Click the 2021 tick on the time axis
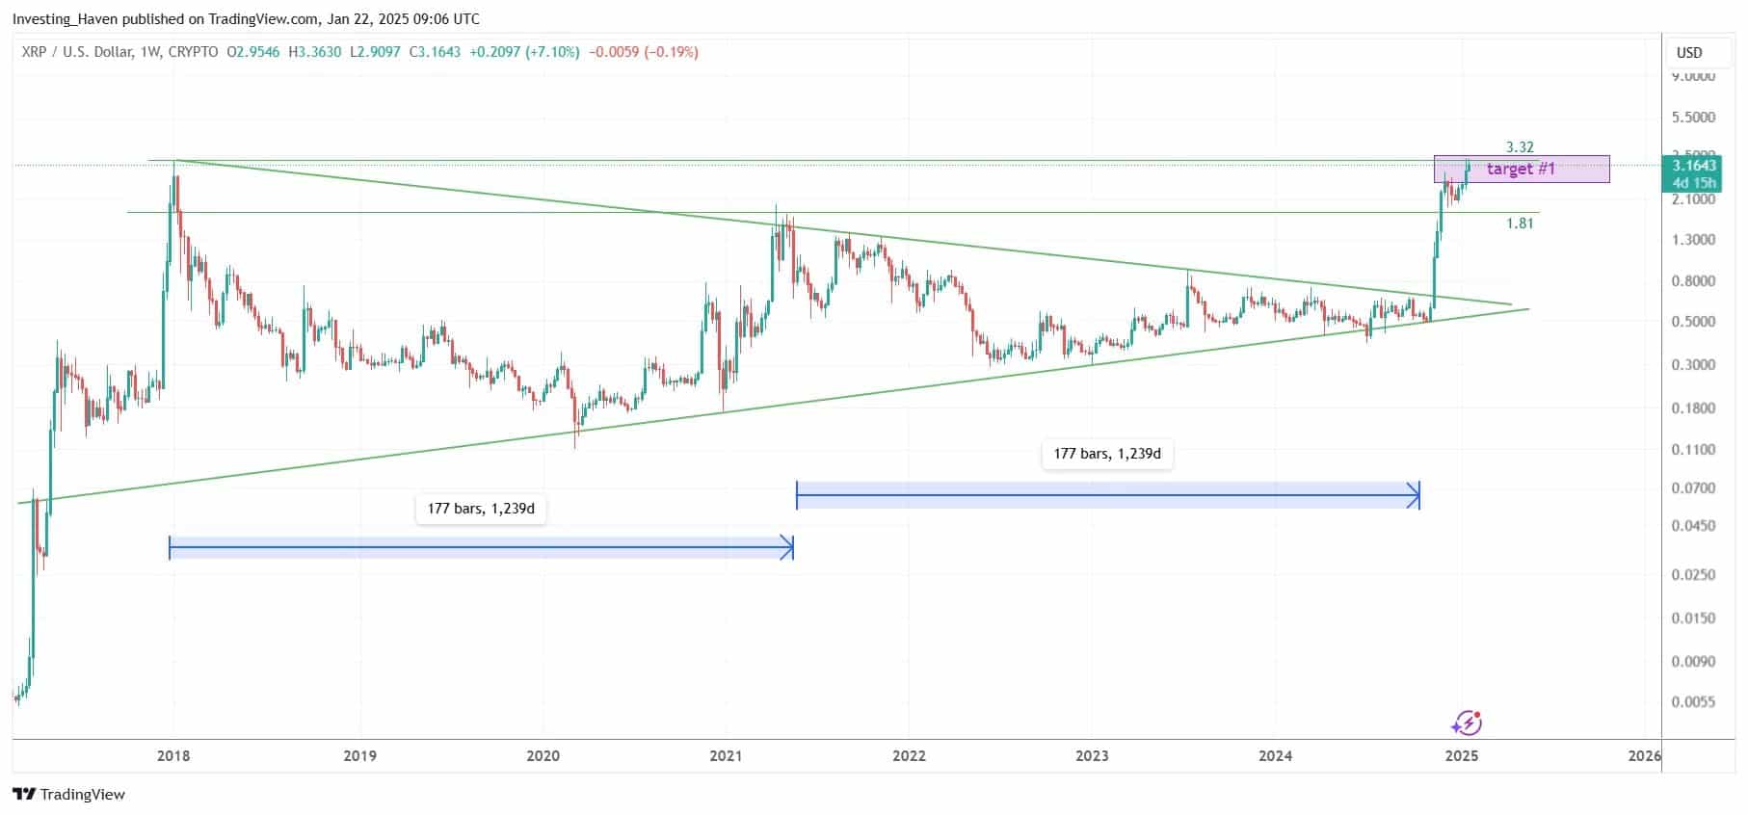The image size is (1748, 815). click(726, 755)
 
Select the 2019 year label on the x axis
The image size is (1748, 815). click(359, 755)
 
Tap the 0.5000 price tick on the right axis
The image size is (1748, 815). click(1693, 322)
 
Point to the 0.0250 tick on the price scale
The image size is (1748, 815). click(1693, 574)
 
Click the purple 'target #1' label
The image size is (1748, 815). click(1521, 169)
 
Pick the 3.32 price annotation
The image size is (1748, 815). click(1520, 147)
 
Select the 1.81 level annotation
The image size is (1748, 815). click(1520, 223)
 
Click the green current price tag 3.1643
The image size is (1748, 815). click(1694, 166)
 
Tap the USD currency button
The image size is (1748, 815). click(1689, 53)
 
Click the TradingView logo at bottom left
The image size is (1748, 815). click(68, 794)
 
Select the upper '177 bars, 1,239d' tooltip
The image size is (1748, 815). click(1106, 453)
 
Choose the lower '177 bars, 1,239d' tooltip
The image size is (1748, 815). click(481, 508)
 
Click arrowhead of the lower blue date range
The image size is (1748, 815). click(788, 548)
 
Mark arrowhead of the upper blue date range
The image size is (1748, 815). click(1415, 496)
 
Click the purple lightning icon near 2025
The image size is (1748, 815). click(1467, 723)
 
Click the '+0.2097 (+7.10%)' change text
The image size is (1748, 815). click(524, 52)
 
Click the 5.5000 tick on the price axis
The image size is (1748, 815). click(1693, 118)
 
